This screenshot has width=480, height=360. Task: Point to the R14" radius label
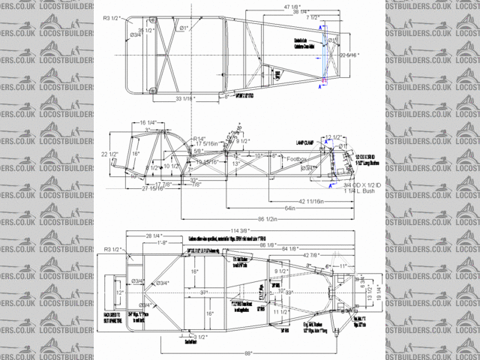tap(199, 139)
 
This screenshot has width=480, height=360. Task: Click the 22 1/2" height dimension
tap(110, 154)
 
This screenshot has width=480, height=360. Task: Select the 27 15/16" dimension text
tap(153, 189)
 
